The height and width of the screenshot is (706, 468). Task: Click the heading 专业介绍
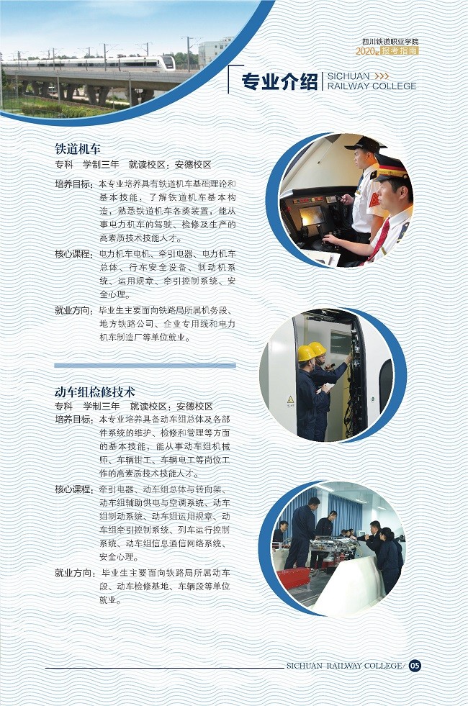[279, 81]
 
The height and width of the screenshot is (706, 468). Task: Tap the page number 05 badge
[415, 666]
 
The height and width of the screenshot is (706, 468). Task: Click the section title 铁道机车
[78, 148]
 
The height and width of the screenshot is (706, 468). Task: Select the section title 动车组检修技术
[94, 392]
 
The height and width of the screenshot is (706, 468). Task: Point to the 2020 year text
[365, 51]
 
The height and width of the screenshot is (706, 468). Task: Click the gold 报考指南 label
[399, 51]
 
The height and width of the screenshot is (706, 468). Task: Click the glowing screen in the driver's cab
[312, 215]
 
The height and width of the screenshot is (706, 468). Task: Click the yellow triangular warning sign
[291, 399]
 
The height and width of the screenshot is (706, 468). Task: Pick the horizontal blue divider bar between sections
[145, 366]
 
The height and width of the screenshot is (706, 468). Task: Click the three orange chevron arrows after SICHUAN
[382, 76]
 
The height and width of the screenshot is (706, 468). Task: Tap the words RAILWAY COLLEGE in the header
[372, 86]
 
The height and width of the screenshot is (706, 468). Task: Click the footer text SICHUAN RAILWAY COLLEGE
[345, 666]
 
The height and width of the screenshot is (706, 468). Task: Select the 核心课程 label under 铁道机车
[73, 254]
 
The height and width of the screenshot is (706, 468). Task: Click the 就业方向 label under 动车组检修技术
[74, 573]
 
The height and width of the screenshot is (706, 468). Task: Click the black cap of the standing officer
[365, 144]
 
